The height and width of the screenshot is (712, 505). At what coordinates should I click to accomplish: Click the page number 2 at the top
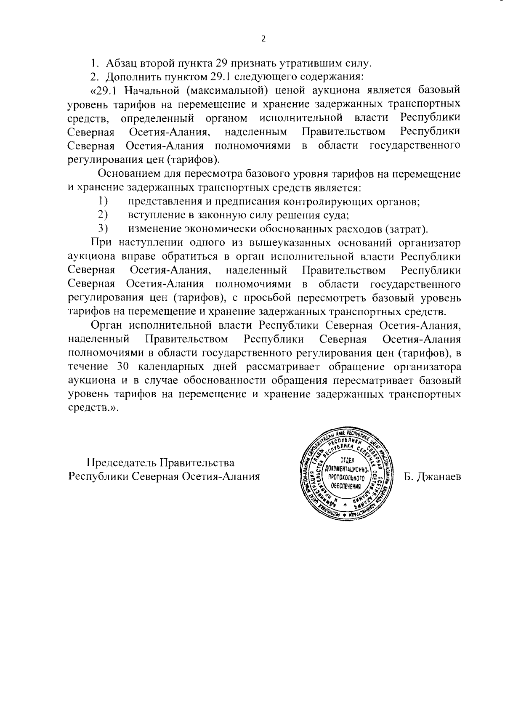click(x=263, y=39)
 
